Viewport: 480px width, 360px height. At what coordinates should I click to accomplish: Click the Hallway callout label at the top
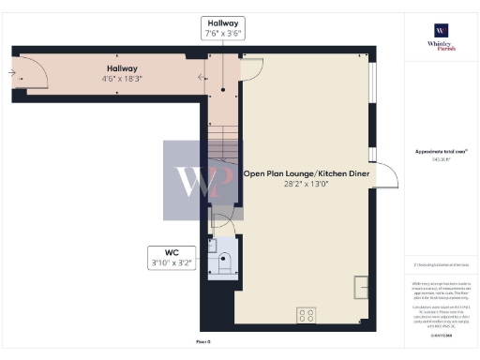click(222, 22)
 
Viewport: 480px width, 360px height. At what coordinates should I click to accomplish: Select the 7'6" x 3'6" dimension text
click(222, 33)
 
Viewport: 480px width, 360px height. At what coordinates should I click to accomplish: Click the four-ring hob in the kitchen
click(307, 315)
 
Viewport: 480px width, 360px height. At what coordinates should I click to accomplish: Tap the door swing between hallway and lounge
click(251, 68)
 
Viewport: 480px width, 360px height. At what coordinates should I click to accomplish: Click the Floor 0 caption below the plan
click(202, 341)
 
